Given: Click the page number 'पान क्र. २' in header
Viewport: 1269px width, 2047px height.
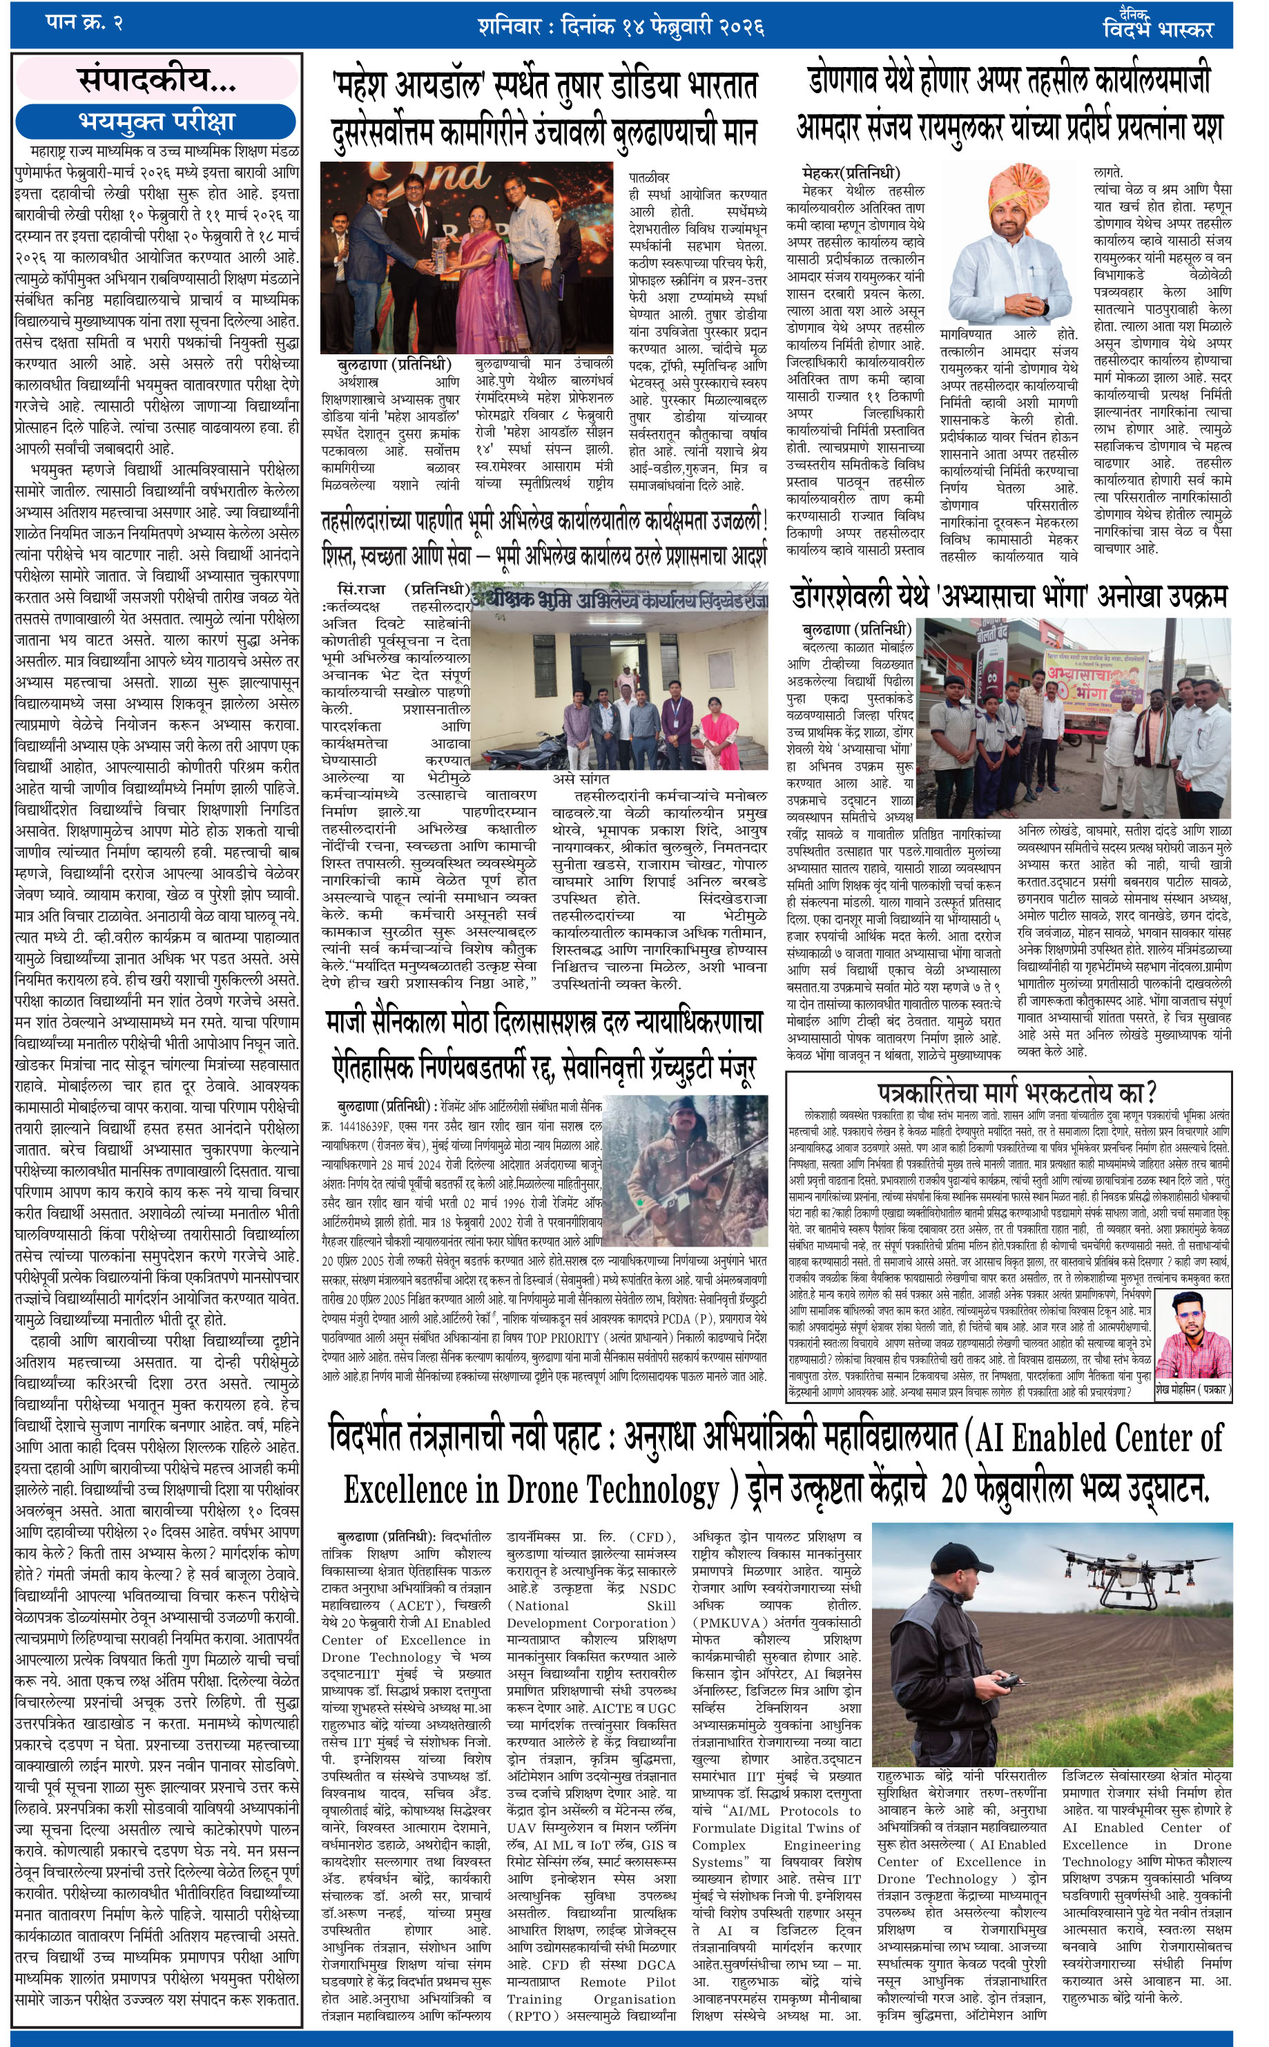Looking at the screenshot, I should click(84, 23).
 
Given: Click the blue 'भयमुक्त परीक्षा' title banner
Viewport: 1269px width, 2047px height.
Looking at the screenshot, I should click(156, 122).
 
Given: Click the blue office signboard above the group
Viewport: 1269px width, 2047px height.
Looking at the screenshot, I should click(619, 601).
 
